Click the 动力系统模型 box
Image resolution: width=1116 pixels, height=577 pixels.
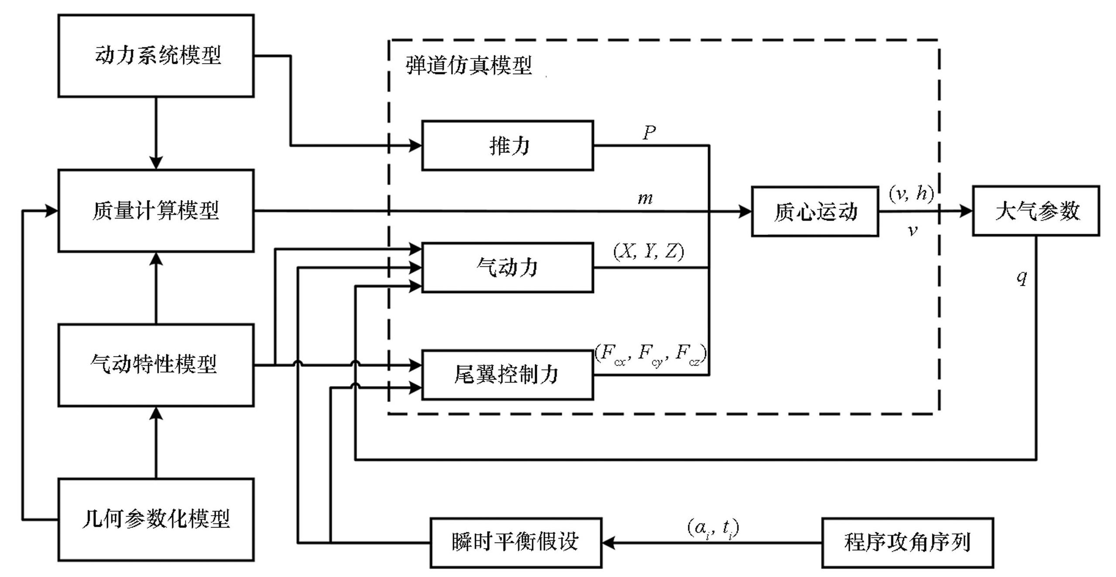pos(156,56)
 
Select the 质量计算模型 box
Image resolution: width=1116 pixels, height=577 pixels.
pos(156,211)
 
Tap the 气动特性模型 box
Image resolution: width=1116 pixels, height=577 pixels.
pos(156,365)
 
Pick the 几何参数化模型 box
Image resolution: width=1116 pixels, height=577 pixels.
pos(156,519)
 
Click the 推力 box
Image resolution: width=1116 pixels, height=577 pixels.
pos(507,146)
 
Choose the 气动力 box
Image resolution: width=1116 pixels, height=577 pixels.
pos(507,267)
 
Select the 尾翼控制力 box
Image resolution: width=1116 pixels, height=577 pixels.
pos(507,375)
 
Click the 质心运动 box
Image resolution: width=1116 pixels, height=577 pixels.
pos(815,212)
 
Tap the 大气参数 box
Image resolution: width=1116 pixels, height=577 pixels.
pos(1036,211)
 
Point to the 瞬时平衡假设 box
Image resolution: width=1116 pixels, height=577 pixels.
pos(516,543)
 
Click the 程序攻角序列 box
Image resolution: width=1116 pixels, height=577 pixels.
pos(907,543)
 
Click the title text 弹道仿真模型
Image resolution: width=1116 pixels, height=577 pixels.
pos(469,66)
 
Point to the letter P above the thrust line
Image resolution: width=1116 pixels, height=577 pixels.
pos(649,132)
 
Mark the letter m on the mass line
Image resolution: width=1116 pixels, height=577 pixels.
pos(645,199)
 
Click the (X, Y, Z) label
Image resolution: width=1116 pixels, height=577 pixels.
pos(649,252)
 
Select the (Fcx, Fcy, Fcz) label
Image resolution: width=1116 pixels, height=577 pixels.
pos(650,354)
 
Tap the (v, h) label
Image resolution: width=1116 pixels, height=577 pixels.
pos(911,193)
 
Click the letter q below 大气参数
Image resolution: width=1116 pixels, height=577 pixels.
pos(1022,277)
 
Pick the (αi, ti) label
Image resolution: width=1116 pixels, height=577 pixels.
pos(713,528)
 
